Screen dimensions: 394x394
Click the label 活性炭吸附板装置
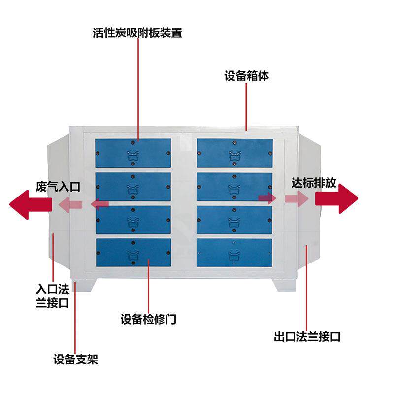[137, 33]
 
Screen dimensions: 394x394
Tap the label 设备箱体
[247, 76]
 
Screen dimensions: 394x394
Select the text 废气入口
[58, 187]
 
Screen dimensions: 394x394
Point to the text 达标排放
[314, 183]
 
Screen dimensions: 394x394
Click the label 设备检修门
[149, 319]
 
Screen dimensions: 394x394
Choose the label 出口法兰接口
[307, 337]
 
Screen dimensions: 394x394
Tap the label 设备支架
[76, 359]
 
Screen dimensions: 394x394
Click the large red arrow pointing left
[31, 204]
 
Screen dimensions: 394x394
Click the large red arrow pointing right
[336, 198]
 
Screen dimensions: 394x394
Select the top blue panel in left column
[133, 153]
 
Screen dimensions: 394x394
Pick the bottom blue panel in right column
[234, 253]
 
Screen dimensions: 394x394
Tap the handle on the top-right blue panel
[235, 156]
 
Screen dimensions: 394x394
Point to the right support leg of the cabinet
[285, 285]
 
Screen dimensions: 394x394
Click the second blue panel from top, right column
[234, 187]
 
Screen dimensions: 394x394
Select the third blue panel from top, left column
[133, 220]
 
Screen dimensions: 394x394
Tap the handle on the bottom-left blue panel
[133, 255]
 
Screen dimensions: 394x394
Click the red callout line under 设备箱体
[246, 107]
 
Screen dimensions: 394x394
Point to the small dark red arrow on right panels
[267, 198]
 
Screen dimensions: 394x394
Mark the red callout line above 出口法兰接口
[306, 288]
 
